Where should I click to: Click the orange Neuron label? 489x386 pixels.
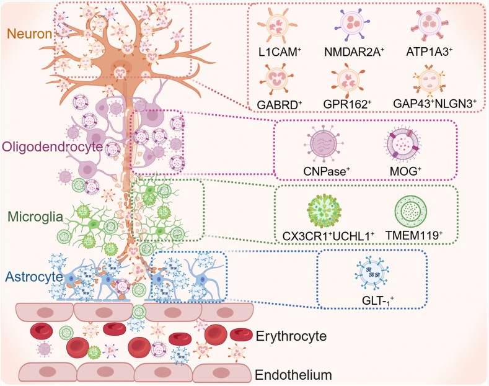coord(29,34)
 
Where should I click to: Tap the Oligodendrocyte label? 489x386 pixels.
coord(53,146)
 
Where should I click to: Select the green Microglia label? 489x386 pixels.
coord(35,217)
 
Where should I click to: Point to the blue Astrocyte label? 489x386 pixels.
coord(34,277)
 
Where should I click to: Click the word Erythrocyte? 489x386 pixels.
coord(291,336)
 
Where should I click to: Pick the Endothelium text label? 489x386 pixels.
coord(293,375)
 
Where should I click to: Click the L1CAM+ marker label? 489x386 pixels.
coord(280,52)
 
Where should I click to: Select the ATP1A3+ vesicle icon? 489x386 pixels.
coord(430,25)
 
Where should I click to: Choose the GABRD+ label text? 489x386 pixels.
coord(280,105)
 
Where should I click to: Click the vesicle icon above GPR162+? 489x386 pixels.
coord(348,80)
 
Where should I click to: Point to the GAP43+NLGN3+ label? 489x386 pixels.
coord(434,104)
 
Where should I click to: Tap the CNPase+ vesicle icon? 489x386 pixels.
coord(324,143)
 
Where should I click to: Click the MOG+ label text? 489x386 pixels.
coord(405,171)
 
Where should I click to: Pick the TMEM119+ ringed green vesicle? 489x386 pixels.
coord(410,211)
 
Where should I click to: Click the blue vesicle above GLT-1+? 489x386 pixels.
coord(372,274)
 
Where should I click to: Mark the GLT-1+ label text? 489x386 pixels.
coord(378,300)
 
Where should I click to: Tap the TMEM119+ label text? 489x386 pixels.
coord(414,235)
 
